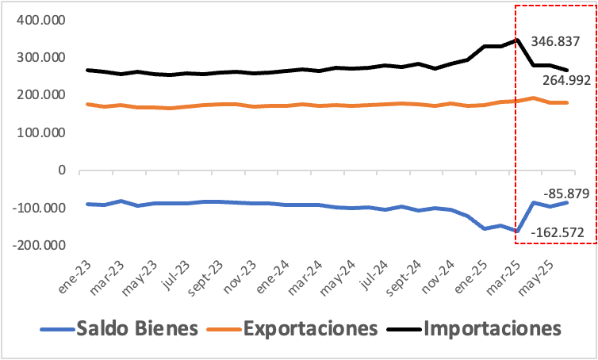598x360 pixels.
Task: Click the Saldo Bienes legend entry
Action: pos(136,327)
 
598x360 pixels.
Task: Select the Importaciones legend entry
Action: pos(493,327)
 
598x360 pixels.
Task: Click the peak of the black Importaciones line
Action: pos(516,39)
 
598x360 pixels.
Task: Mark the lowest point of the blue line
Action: pos(516,232)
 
